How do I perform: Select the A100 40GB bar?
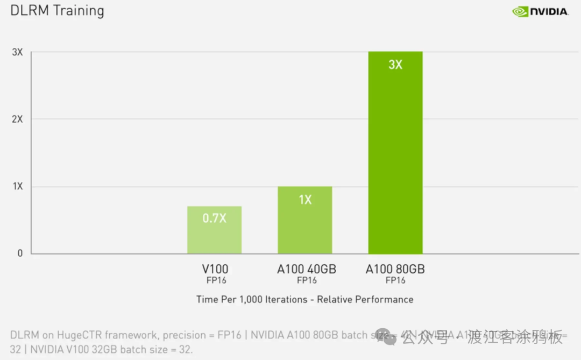coord(304,226)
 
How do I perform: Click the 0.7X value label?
coord(214,218)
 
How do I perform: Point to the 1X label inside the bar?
coord(305,200)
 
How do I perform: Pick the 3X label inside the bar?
coord(395,65)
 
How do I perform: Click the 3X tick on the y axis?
coord(17,52)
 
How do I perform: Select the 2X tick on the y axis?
coord(17,119)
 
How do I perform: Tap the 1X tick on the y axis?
coord(17,186)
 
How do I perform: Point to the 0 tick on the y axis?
coord(20,253)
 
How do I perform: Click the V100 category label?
coord(215,269)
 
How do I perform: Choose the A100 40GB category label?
coord(306,269)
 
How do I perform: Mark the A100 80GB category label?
coord(395,269)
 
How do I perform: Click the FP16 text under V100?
coord(216,280)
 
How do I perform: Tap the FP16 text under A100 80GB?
coord(395,280)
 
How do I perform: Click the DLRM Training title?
coord(57,11)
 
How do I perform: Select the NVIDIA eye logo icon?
coord(520,11)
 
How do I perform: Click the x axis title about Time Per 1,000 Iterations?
coord(304,299)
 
